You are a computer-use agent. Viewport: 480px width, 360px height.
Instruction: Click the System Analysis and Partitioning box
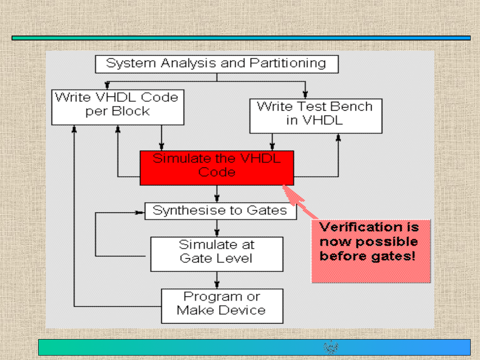[217, 64]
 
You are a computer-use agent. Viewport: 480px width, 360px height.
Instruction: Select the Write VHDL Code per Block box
[118, 107]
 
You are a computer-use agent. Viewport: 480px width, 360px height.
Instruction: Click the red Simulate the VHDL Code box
[217, 168]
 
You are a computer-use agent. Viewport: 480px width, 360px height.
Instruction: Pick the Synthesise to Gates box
[220, 211]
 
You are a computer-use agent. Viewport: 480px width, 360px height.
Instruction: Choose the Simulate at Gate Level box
[217, 254]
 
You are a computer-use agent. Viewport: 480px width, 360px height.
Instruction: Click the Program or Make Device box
[222, 306]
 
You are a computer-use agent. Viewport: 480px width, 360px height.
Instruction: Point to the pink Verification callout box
[371, 251]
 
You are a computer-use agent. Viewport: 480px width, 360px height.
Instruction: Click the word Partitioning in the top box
[288, 63]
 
